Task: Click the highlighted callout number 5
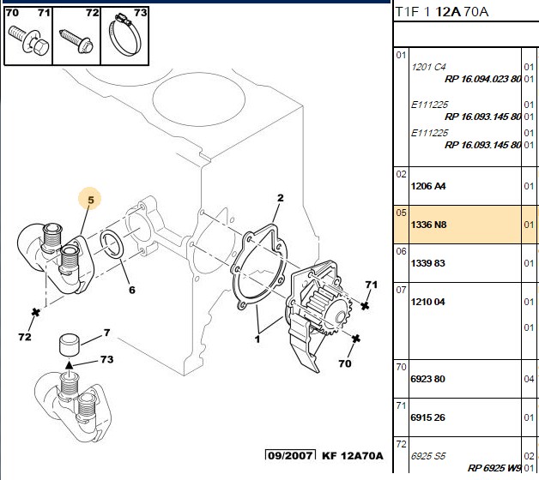pos(91,200)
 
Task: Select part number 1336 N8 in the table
pos(428,225)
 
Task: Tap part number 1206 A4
pos(428,186)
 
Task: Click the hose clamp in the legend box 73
pos(124,38)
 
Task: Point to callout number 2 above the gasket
pos(281,198)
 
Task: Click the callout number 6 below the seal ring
pos(132,290)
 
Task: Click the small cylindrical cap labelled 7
pos(70,345)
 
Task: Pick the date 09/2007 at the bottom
pos(291,455)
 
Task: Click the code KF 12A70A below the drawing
pos(352,456)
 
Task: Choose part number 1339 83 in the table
pos(428,263)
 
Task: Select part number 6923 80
pos(428,379)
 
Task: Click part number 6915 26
pos(428,417)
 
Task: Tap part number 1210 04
pos(428,302)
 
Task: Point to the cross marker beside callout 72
pos(35,313)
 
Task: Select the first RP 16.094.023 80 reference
pos(482,79)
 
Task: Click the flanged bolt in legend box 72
pos(76,42)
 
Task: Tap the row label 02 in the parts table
pos(401,174)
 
